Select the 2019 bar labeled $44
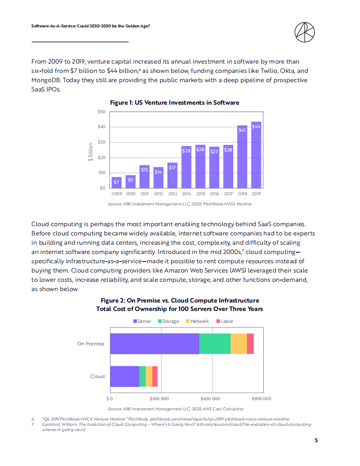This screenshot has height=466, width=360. tap(256, 155)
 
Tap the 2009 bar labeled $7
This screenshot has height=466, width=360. tap(117, 182)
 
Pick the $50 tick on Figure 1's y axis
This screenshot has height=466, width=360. tap(102, 112)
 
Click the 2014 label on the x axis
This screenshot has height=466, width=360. tap(186, 193)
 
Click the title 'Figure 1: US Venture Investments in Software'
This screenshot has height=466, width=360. tap(174, 102)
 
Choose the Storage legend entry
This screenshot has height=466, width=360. tap(168, 321)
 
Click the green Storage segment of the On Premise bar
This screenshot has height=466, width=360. tap(215, 344)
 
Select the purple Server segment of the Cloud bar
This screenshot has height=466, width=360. tap(125, 376)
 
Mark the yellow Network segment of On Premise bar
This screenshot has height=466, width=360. tap(239, 344)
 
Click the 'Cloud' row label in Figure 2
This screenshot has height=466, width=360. tap(97, 376)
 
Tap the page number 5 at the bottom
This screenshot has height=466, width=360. tap(316, 440)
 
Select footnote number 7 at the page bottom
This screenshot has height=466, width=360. tap(33, 424)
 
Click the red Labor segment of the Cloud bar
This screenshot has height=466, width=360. tap(155, 376)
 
